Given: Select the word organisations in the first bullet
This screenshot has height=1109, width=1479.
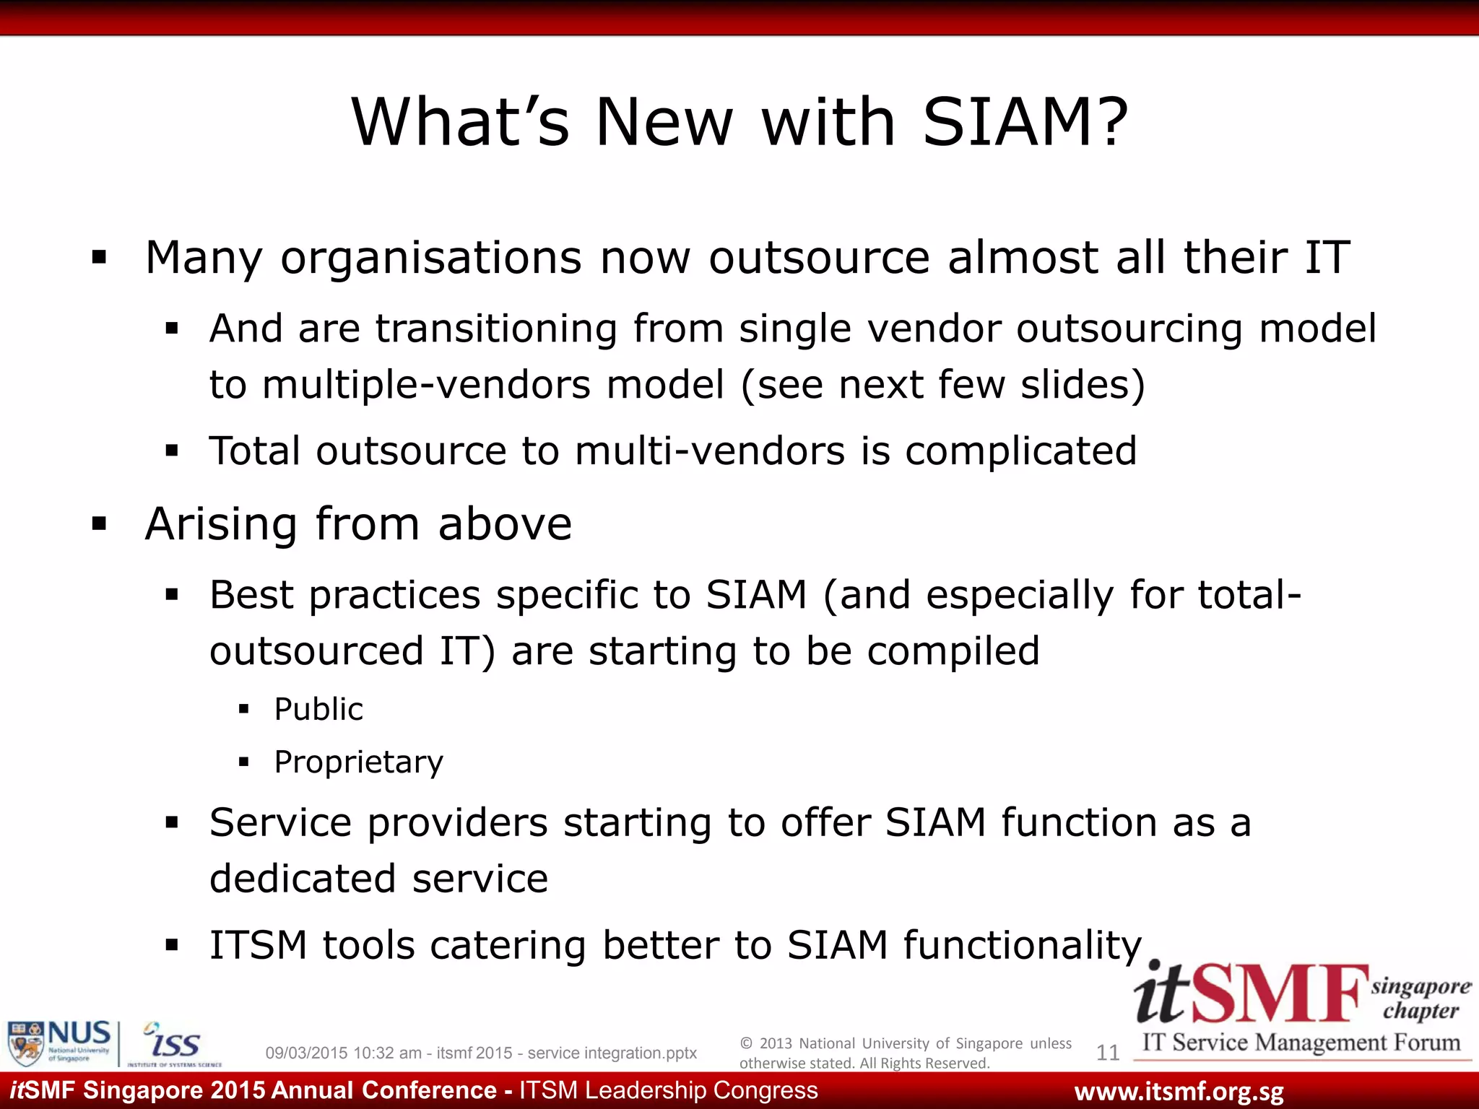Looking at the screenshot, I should click(431, 257).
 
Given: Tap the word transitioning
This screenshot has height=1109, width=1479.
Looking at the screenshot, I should click(496, 329).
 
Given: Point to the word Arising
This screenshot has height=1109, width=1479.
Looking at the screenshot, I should click(221, 523).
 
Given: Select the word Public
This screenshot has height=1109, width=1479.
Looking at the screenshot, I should click(318, 709).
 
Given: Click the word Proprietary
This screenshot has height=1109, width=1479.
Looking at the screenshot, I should click(359, 762).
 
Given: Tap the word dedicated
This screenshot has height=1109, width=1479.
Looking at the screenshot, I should click(302, 879).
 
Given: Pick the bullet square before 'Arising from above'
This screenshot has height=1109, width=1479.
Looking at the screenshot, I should click(100, 523).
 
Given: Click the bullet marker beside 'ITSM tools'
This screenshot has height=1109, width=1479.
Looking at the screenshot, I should click(172, 945).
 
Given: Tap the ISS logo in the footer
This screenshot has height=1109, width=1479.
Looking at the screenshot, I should click(173, 1044).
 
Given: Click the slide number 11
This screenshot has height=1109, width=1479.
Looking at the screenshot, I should click(1107, 1053).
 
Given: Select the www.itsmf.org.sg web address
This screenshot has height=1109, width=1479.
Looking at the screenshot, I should click(1179, 1092).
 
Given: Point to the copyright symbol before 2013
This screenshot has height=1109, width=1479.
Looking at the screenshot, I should click(747, 1043).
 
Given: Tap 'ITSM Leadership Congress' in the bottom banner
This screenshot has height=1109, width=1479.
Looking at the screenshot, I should click(669, 1090).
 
